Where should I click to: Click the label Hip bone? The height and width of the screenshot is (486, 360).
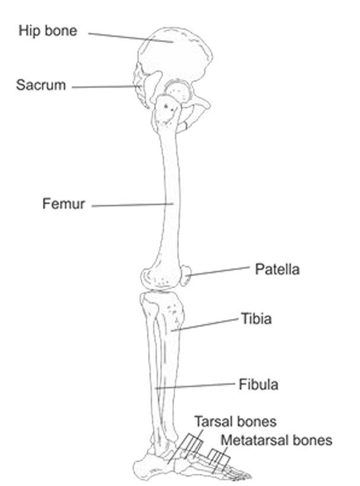point(48,30)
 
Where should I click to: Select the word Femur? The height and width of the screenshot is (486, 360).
point(64,204)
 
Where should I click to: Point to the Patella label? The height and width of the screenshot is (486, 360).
point(277,270)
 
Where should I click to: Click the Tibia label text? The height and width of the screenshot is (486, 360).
point(256,319)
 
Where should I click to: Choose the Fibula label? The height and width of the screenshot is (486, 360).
point(258,383)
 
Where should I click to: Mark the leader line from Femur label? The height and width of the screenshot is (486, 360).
point(130,205)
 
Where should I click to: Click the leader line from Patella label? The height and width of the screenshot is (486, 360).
point(219,271)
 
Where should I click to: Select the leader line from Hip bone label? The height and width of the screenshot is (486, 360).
point(130,37)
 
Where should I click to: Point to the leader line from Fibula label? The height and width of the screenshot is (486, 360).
point(195,386)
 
